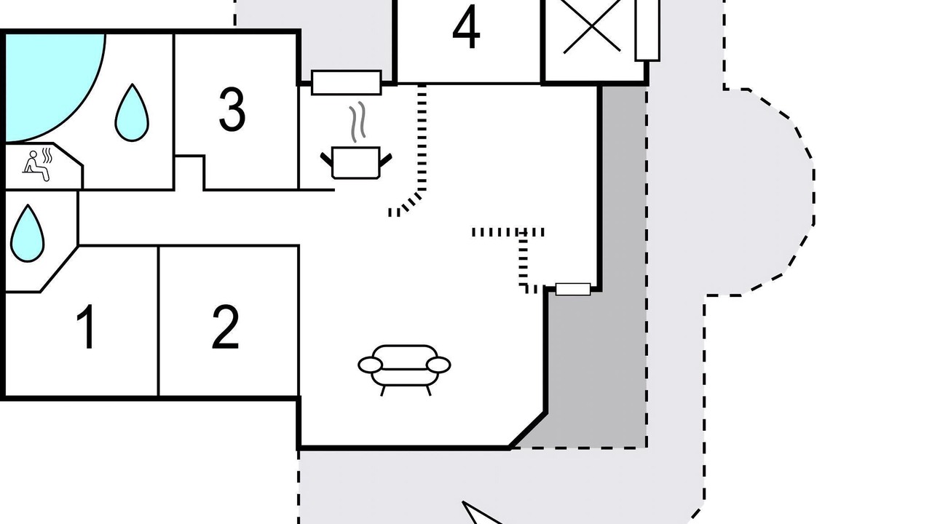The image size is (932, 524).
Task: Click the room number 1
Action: point(87,327)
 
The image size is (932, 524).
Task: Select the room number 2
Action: point(226,327)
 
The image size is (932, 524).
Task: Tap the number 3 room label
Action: point(232,110)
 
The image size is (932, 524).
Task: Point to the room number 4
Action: point(466,28)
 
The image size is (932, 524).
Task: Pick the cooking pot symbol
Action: point(356,162)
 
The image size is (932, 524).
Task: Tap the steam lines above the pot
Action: point(356,122)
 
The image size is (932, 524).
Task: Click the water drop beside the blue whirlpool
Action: point(132,113)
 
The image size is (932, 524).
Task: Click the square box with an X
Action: point(592,29)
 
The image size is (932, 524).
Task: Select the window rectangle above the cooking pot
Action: point(347,82)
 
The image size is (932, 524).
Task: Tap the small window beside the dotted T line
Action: point(573,290)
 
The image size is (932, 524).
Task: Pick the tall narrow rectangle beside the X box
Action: point(647,29)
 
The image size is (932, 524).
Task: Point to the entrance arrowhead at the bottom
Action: point(477,513)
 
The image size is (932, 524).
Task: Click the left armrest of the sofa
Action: point(371,365)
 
